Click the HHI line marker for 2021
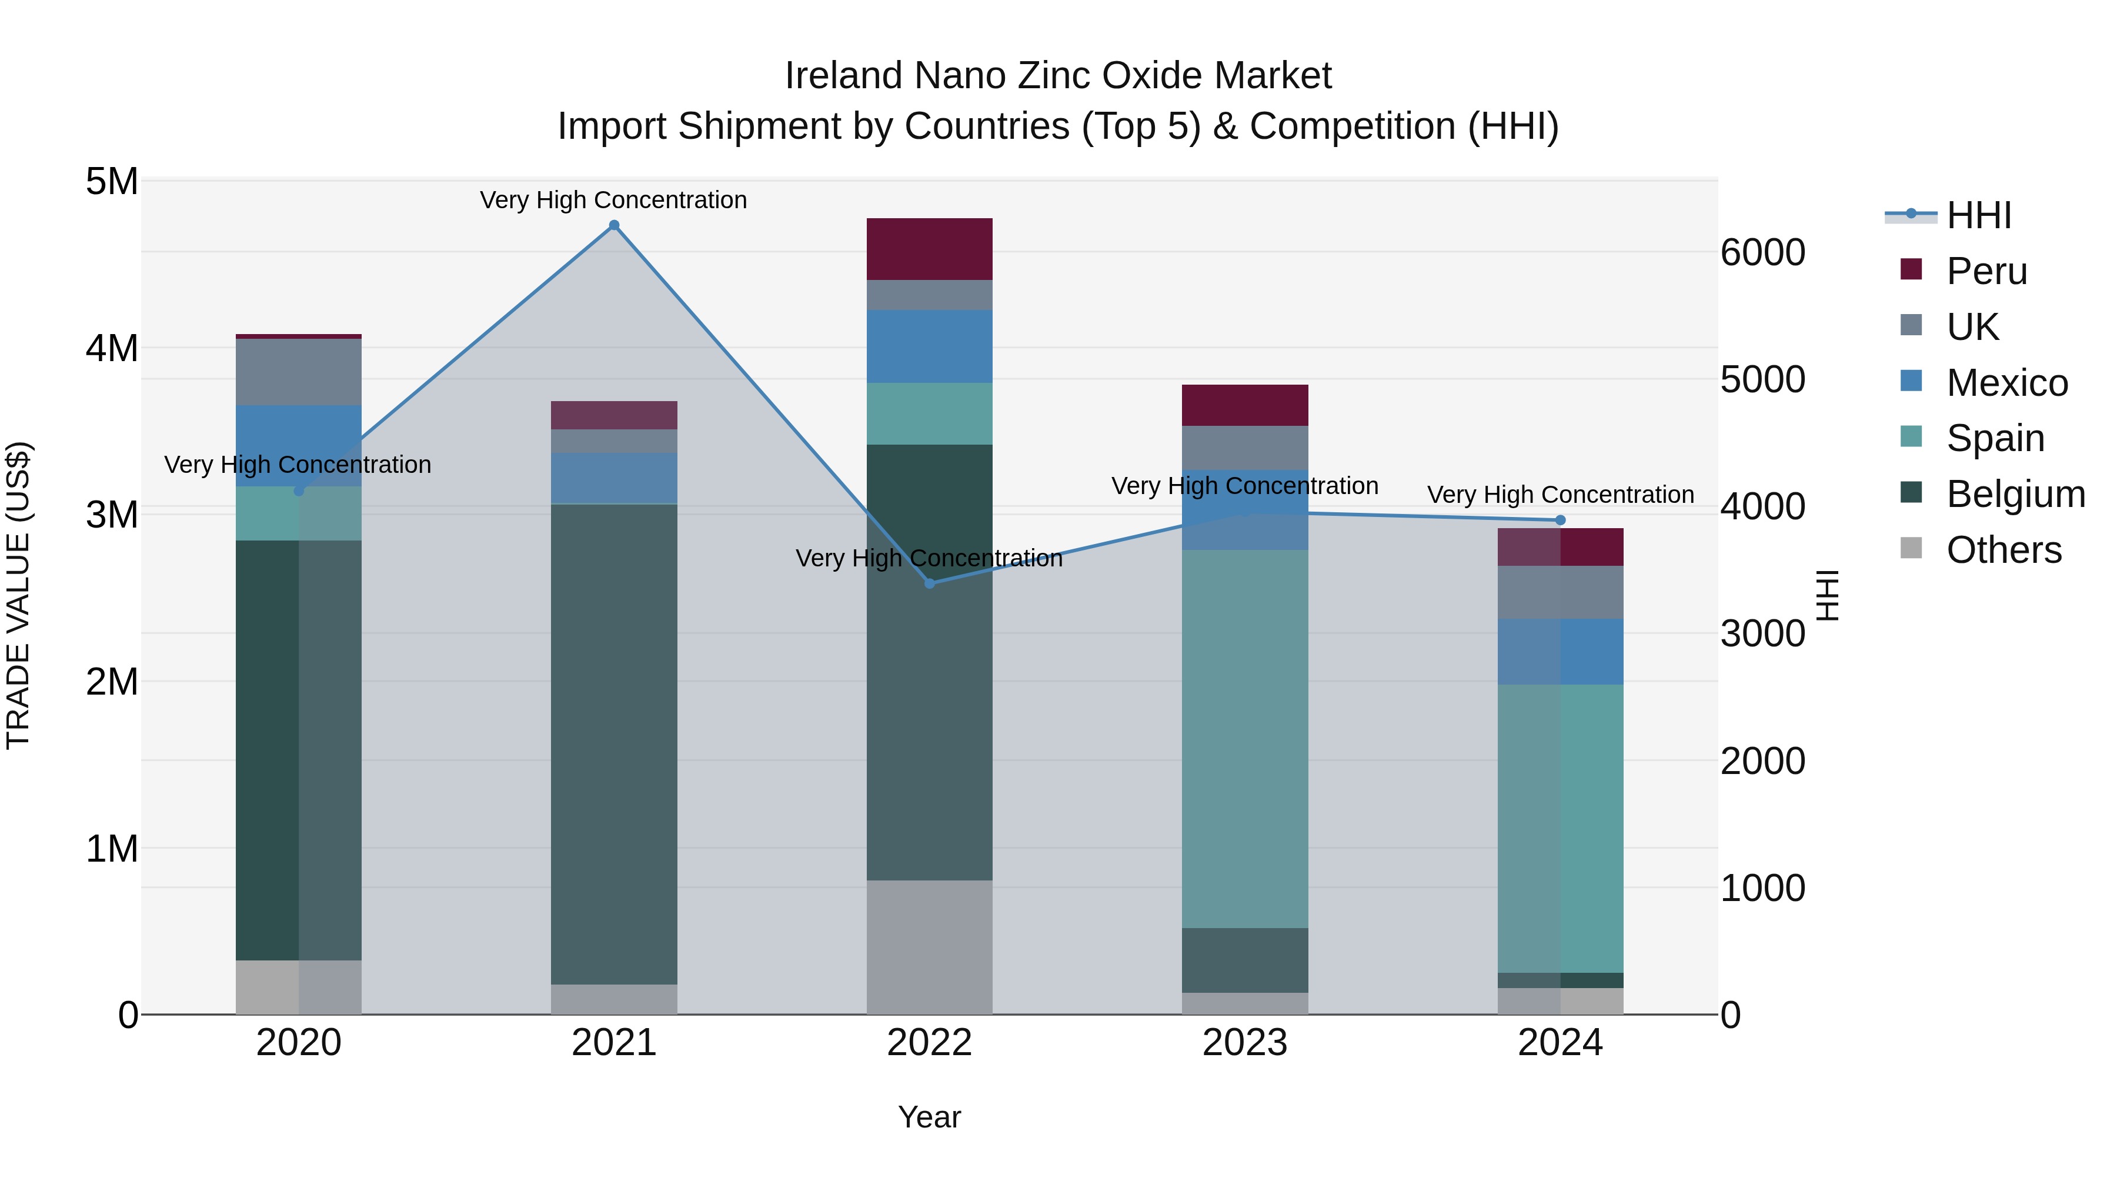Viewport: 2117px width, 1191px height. pos(614,225)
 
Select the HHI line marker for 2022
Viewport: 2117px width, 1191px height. pos(930,583)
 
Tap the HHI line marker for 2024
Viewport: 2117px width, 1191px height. pos(1561,521)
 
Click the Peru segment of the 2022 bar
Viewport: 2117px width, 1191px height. pos(930,249)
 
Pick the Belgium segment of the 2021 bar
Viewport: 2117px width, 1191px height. pos(614,744)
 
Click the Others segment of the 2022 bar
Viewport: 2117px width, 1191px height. pos(930,947)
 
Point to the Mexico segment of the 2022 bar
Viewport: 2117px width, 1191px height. pos(930,346)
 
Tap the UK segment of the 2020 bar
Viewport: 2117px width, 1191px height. pos(298,372)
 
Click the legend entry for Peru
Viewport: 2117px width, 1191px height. pos(1986,271)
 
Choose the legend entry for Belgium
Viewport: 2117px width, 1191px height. pos(2015,494)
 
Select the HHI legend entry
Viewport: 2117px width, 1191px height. pos(1978,215)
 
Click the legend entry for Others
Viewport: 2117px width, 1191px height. pos(2004,550)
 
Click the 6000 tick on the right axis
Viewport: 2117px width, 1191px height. pos(1763,252)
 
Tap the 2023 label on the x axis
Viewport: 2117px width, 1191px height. pos(1245,1043)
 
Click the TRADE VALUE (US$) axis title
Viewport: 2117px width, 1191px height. pos(18,595)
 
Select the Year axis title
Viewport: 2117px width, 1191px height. pos(930,1117)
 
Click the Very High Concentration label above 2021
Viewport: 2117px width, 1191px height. pos(613,200)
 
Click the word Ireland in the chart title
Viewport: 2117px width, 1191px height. pos(844,76)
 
